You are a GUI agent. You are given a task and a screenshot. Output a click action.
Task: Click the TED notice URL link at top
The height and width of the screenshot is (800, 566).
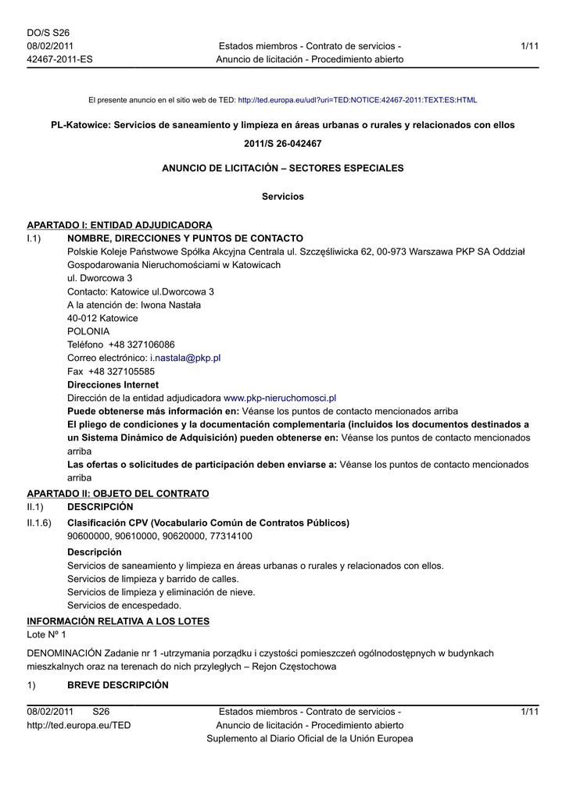point(357,101)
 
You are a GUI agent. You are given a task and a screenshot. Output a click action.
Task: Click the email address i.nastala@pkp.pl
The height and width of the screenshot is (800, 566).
point(185,358)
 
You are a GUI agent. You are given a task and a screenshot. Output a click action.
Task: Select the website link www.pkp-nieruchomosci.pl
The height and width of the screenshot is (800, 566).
point(280,398)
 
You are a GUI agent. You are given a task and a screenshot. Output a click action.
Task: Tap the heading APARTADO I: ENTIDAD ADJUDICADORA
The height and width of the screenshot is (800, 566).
point(120,225)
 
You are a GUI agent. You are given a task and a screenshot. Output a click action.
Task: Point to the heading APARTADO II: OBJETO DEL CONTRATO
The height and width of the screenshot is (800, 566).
point(118,494)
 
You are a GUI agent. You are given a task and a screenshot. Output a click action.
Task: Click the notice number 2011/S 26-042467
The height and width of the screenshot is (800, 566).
point(282,144)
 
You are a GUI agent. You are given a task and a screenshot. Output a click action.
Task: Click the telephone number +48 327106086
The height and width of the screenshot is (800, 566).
point(141,345)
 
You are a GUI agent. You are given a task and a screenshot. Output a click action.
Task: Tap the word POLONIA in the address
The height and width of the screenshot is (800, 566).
point(88,331)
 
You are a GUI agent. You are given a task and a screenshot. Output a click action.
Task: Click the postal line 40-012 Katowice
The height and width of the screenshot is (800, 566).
point(102,318)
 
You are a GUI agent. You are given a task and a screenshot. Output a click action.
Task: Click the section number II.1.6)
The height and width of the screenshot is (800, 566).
point(39,523)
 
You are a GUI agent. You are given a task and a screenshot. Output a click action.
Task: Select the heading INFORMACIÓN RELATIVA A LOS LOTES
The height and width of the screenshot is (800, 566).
point(118,621)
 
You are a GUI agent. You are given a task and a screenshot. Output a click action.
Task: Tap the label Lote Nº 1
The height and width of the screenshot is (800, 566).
point(47,635)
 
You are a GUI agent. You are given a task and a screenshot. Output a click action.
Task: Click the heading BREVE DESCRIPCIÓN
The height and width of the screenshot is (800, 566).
point(118,685)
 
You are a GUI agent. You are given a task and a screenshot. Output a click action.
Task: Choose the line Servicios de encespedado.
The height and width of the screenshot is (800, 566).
point(124,605)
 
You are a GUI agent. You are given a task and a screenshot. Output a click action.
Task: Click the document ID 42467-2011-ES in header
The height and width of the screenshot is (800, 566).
point(59,59)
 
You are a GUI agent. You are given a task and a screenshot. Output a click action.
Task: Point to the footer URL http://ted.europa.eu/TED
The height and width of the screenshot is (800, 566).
point(79,725)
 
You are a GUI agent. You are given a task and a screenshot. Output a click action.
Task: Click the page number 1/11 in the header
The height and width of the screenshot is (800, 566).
point(529,46)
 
